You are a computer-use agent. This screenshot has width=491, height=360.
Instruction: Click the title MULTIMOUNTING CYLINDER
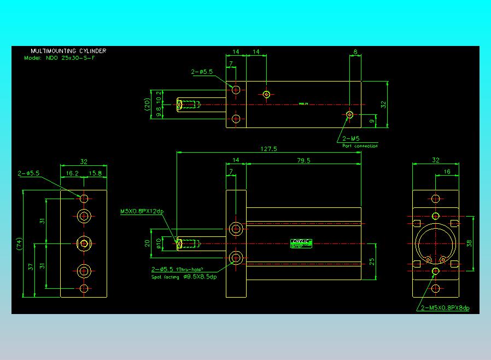click(x=68, y=51)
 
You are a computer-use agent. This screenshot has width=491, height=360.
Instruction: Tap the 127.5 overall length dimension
click(x=269, y=149)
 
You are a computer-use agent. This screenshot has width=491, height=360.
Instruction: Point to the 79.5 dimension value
click(x=303, y=160)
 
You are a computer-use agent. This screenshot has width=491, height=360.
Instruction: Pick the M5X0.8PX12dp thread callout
click(x=142, y=211)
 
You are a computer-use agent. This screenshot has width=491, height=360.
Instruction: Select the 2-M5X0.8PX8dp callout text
click(x=446, y=308)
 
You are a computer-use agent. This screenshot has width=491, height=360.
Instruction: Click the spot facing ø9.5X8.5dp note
click(x=184, y=277)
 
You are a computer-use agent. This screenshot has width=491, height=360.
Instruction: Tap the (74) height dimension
click(x=19, y=243)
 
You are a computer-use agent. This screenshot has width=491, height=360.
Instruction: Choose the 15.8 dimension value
click(x=95, y=173)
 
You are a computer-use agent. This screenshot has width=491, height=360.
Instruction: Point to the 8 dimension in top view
click(x=355, y=53)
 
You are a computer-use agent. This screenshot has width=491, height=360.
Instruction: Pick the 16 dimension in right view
click(x=447, y=172)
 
